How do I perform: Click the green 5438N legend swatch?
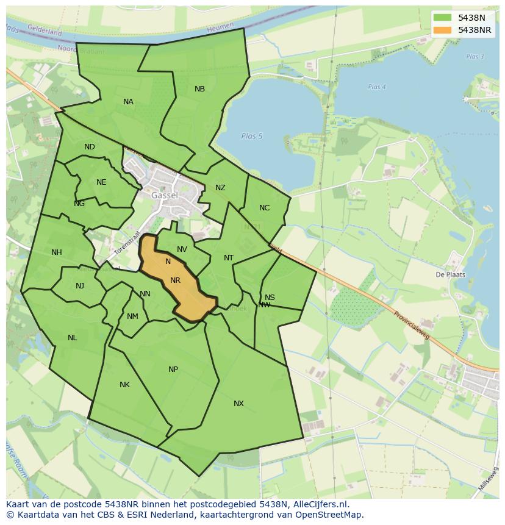(443, 18)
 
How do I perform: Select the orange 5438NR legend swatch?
(443, 30)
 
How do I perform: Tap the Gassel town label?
(165, 196)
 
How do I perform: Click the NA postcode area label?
(128, 102)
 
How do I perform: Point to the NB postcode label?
(199, 89)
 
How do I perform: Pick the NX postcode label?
(238, 404)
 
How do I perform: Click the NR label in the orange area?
(176, 280)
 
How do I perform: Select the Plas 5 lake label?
(251, 136)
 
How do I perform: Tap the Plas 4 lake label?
(377, 87)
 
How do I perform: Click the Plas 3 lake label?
(475, 57)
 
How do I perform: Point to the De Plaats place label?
(450, 274)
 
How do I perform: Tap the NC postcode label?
(264, 208)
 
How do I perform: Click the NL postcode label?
(73, 338)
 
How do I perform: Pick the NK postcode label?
(124, 385)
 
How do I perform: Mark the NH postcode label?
(57, 252)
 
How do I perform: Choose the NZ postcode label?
(220, 188)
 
